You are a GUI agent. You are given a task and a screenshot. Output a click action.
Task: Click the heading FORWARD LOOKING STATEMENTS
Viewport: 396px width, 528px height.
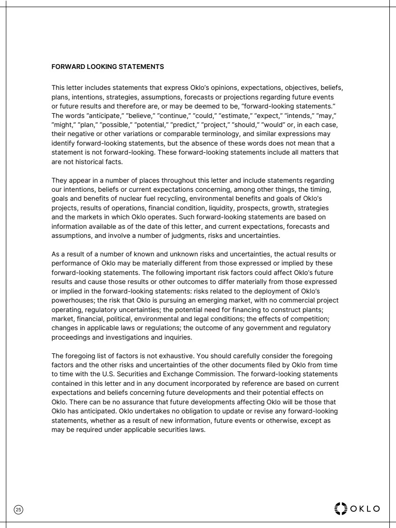coord(107,67)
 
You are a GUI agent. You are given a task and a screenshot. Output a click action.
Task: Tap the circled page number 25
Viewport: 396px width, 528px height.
coord(19,509)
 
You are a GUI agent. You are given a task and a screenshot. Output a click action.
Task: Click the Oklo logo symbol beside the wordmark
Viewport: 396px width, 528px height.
coord(341,508)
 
